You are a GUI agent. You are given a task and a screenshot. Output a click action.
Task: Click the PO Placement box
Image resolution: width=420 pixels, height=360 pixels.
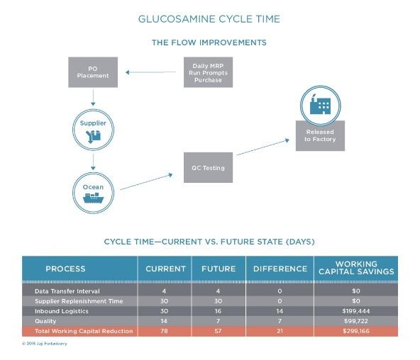point(93,72)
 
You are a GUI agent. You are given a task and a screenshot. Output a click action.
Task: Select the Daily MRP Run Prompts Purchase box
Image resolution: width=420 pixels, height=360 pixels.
point(208,72)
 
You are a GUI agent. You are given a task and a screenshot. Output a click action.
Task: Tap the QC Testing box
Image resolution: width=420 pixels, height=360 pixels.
point(208,168)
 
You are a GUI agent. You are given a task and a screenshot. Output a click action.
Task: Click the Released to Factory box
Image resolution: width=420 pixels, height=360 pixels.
point(320,136)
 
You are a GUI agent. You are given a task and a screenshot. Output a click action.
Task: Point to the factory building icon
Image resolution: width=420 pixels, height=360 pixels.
point(320,105)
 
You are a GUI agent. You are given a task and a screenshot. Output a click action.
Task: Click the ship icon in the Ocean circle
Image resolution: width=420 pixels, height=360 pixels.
point(93,198)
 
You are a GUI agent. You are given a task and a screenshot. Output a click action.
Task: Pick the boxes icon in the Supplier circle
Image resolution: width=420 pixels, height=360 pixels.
point(93,136)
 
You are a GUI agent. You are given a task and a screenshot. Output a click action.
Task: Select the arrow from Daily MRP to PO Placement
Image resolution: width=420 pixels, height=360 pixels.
point(151,72)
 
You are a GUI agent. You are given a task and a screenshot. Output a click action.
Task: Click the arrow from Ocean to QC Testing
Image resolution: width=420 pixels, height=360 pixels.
point(146,182)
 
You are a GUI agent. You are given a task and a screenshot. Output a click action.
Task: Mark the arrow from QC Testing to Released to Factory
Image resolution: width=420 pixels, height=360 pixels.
point(262,147)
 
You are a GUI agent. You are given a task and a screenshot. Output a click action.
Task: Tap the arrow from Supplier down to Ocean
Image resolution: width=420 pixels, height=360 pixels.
point(93,162)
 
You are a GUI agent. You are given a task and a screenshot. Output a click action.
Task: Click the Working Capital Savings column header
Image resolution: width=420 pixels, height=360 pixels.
point(356,268)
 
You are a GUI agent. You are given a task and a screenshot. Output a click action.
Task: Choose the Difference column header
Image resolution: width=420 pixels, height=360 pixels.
point(280,269)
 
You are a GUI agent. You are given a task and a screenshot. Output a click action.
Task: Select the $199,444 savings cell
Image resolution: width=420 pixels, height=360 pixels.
point(356,311)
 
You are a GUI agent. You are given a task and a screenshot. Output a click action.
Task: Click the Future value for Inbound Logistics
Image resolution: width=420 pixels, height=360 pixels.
point(218,311)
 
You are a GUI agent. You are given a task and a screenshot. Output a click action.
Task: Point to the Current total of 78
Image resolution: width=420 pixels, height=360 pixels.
point(164,331)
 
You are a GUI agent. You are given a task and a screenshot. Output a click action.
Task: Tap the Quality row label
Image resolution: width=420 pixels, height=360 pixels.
point(45,321)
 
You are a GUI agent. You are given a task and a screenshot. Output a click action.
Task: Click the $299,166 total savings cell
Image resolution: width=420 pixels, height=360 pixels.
point(356,331)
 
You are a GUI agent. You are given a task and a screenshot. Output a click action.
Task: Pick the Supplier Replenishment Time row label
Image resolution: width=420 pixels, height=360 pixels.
point(79,301)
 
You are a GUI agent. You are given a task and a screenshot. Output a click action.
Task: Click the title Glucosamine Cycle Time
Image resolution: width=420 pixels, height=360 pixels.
point(209,19)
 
